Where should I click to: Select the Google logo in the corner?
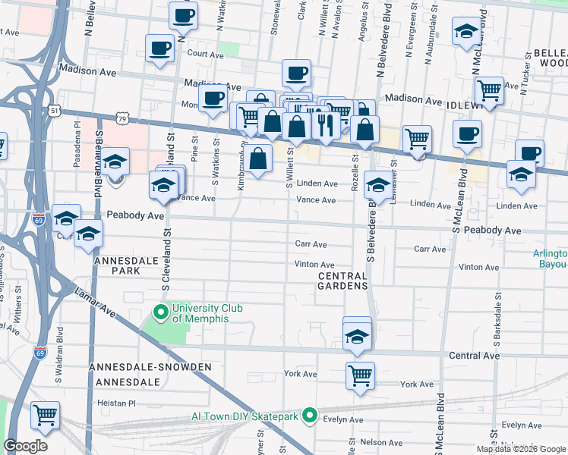pos(25,446)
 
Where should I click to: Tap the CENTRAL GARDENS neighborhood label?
pos(343,280)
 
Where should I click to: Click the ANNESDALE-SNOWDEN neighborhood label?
pos(150,367)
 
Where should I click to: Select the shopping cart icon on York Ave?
pos(360,375)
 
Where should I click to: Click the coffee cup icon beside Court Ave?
pos(159,49)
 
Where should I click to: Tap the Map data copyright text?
pos(521,449)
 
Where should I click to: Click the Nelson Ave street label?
pos(382,441)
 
